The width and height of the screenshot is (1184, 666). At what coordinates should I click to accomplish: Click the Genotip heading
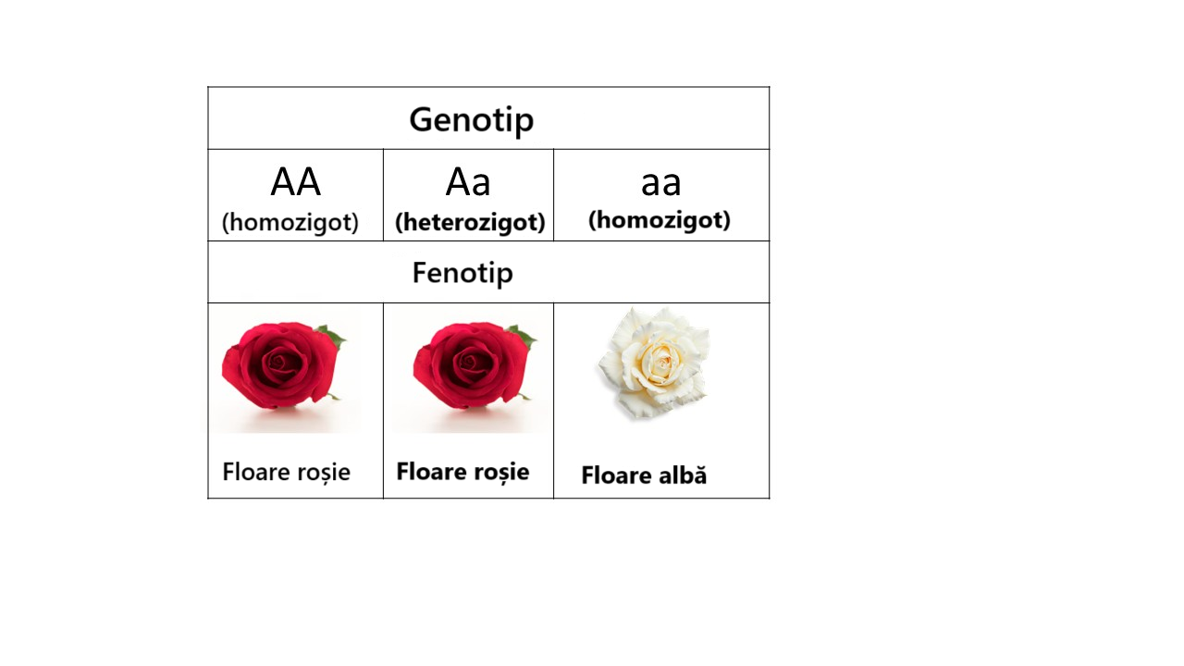(472, 120)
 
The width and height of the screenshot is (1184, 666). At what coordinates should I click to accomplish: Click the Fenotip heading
(462, 273)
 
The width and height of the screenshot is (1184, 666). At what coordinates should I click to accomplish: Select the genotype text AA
(295, 182)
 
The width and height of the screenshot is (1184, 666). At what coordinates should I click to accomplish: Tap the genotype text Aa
(468, 182)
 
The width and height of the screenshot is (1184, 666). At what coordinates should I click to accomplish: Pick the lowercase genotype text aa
(660, 184)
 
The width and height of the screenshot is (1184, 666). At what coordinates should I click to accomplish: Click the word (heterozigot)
(470, 222)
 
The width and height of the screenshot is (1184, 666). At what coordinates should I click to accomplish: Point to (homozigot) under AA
(290, 222)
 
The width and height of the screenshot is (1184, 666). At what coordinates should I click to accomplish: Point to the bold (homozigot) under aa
(660, 220)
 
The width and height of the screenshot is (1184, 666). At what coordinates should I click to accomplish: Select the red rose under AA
(283, 365)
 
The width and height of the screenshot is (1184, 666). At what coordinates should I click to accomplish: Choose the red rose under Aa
(474, 365)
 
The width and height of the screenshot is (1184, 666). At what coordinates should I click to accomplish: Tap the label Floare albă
(644, 475)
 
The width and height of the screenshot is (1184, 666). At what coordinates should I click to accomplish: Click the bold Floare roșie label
(462, 472)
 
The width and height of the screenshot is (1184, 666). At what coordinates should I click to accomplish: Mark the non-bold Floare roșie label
(286, 472)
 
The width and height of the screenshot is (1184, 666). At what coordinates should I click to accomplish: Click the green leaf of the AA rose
(332, 336)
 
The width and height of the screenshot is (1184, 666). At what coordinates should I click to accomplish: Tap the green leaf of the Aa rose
(523, 336)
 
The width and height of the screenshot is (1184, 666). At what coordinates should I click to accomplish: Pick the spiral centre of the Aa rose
(471, 363)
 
